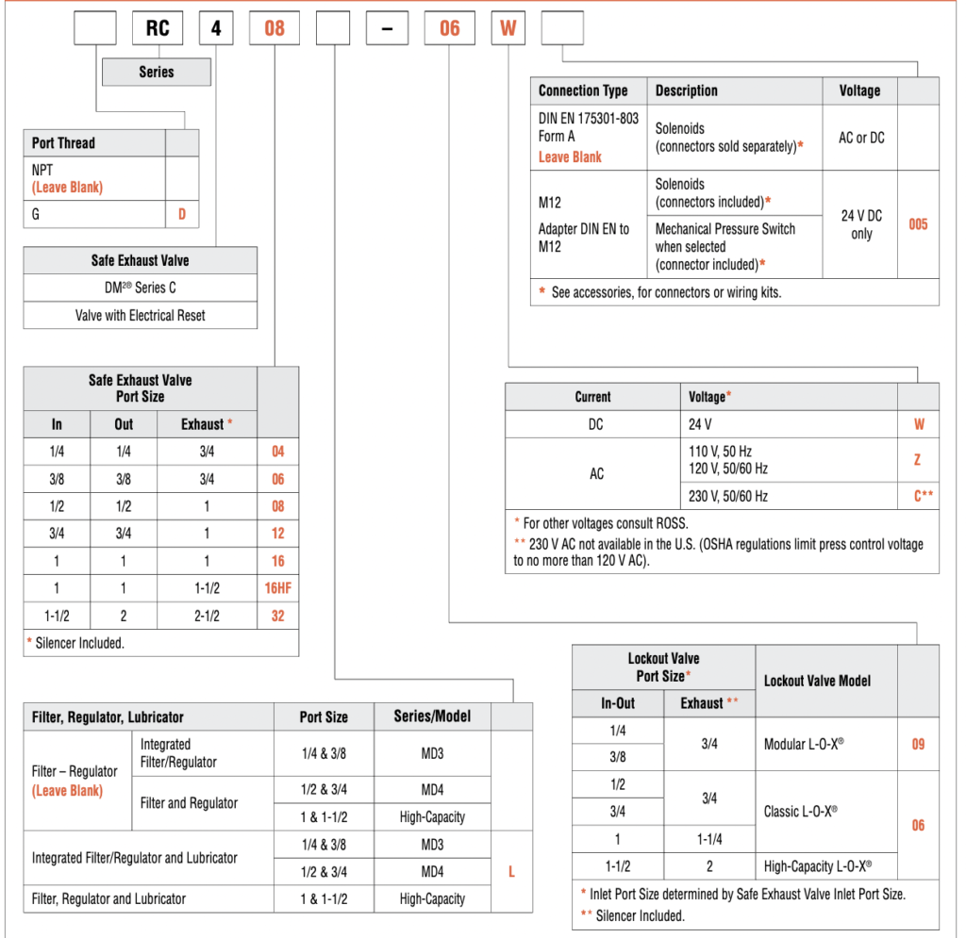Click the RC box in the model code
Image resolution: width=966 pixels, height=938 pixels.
(158, 28)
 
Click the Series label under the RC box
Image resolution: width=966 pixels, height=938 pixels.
(157, 72)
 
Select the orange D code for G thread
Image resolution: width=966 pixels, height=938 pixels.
(182, 214)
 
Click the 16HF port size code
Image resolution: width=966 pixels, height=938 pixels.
(277, 588)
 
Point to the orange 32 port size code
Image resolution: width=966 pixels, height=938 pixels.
(277, 616)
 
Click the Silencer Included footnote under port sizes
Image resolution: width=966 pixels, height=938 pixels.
(75, 643)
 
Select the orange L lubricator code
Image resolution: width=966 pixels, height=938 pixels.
(511, 872)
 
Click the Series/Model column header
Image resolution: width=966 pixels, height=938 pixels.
(432, 716)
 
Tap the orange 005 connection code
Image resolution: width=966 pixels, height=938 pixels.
(918, 224)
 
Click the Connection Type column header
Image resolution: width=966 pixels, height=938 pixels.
(583, 91)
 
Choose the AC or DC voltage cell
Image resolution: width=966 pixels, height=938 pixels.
(861, 138)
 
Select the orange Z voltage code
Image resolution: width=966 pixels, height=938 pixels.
(918, 460)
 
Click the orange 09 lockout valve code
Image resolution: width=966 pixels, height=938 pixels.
(918, 744)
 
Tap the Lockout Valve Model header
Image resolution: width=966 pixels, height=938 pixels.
(817, 681)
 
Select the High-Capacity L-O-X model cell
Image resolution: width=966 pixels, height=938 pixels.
(817, 865)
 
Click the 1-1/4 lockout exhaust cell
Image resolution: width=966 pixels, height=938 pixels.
(709, 838)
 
